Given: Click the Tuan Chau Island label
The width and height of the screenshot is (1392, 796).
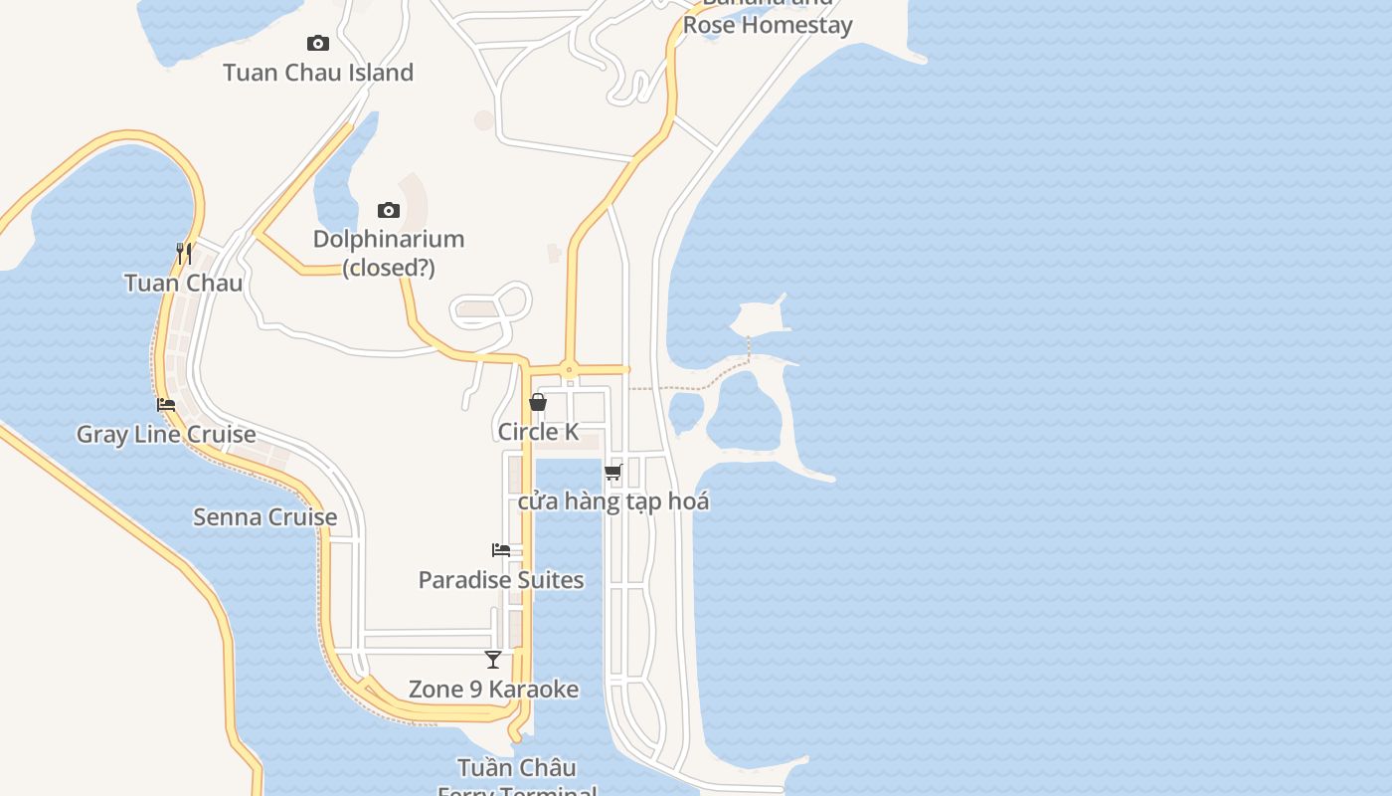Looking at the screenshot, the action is (318, 73).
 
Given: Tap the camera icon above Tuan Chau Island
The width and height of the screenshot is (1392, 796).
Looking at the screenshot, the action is (318, 43).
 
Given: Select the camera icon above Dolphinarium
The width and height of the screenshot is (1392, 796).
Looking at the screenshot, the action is (389, 210).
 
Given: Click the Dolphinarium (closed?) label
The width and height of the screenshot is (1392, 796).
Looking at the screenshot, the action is (389, 253).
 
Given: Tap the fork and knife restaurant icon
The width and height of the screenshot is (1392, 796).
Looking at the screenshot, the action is (184, 254).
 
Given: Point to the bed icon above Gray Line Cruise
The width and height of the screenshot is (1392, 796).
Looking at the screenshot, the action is (166, 405).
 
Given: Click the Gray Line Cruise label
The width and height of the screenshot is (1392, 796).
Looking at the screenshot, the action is (166, 435).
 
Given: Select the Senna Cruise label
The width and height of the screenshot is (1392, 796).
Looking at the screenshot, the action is (264, 517).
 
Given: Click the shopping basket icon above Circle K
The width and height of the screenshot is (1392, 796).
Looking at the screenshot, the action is (538, 402).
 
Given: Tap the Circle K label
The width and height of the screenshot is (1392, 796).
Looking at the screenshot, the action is (538, 432).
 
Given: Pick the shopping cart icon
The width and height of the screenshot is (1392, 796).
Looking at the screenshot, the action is (613, 472).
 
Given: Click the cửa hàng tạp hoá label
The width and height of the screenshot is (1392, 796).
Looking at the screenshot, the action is (613, 501).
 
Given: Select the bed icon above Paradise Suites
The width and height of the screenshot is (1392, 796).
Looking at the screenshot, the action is (501, 550).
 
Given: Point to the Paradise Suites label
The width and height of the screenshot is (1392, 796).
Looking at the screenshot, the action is (501, 580).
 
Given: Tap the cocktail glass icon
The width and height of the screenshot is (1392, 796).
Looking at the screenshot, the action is (493, 659).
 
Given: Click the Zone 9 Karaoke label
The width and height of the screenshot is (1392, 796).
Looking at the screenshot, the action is (493, 690).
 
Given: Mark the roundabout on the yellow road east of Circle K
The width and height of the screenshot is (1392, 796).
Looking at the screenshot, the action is (570, 370).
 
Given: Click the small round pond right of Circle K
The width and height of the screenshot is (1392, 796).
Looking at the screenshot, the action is (686, 413).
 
